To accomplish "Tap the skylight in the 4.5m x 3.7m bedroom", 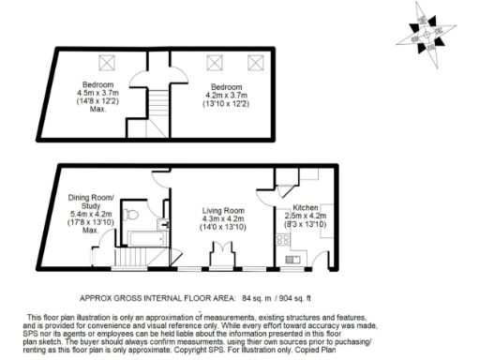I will coord(106,62).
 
